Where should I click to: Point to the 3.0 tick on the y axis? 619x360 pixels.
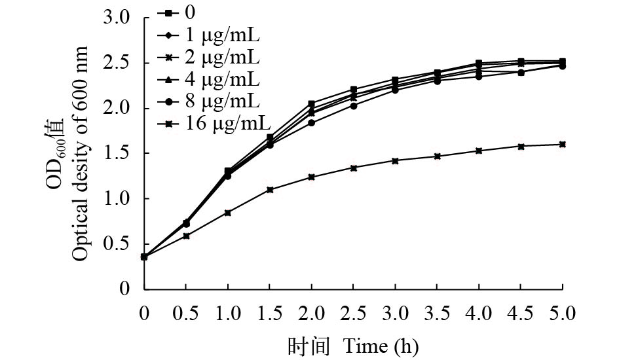(117, 18)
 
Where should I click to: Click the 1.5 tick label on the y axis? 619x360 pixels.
(117, 153)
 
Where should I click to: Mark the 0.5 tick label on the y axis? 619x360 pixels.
(117, 243)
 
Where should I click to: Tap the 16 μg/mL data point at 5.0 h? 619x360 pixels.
(563, 144)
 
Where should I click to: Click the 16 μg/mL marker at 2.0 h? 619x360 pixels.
(311, 177)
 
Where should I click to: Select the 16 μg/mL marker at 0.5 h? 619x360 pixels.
(186, 236)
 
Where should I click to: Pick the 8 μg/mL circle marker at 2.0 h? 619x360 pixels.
(311, 122)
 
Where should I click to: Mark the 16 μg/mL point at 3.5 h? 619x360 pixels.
(437, 156)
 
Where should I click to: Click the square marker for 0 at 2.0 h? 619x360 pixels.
(311, 103)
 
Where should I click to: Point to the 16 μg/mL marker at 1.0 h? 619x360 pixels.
(228, 213)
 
